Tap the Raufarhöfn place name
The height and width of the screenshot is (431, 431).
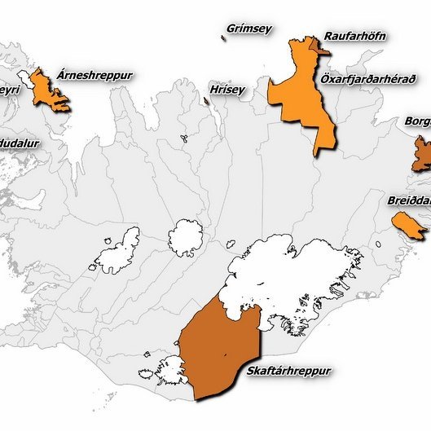click(354, 36)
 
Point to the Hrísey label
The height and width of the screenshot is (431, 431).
click(226, 90)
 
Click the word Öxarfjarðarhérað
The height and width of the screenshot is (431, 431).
click(368, 79)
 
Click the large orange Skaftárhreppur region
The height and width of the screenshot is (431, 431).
click(216, 342)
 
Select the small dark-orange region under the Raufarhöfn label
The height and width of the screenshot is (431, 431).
click(319, 47)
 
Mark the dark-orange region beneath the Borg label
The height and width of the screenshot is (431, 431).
click(421, 153)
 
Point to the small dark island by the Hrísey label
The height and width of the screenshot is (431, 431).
click(205, 101)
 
